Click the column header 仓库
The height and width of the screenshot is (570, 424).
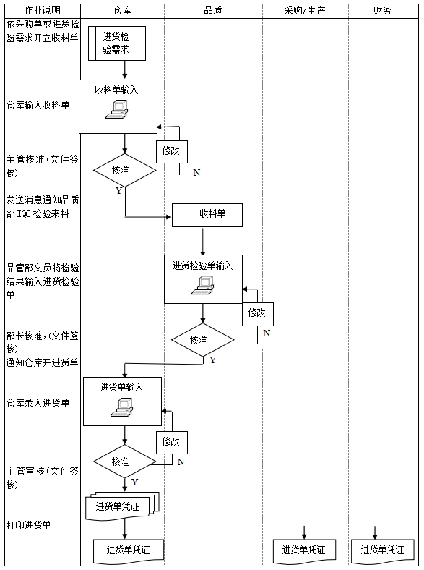click(x=122, y=10)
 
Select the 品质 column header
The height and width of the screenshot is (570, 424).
click(x=212, y=10)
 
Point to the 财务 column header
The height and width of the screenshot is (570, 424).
click(x=383, y=10)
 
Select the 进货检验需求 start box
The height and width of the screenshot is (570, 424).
click(x=117, y=43)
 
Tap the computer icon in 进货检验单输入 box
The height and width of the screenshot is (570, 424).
click(x=202, y=286)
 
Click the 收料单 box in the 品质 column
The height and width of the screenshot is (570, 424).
click(x=207, y=215)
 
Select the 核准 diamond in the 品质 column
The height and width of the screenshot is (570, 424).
click(x=202, y=339)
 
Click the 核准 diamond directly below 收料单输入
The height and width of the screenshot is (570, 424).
click(x=124, y=171)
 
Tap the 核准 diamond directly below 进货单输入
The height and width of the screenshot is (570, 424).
click(x=124, y=461)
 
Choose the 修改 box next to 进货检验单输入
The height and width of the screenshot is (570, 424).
click(x=257, y=313)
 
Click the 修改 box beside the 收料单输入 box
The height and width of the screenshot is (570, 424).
click(x=171, y=151)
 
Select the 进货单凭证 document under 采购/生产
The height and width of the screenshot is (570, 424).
click(x=303, y=550)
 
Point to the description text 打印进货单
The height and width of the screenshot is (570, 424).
click(x=29, y=524)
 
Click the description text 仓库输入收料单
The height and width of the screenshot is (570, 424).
click(x=38, y=105)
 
